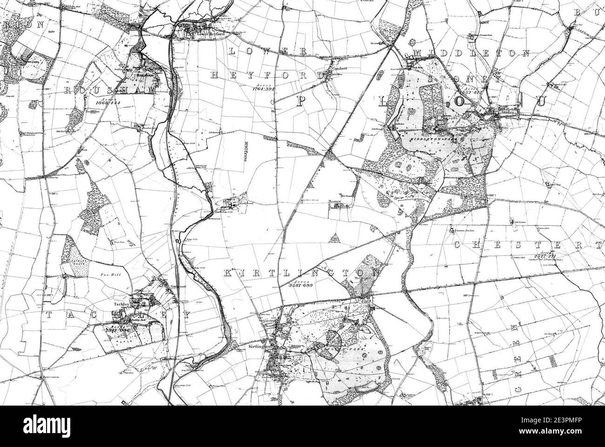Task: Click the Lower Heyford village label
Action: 199,33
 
